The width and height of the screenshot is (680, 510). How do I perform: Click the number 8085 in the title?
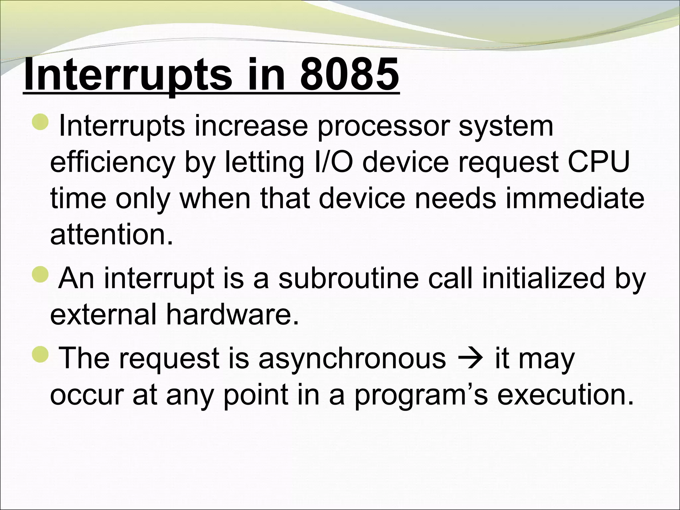coord(350,75)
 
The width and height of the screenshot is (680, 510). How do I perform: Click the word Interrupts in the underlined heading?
coord(127,75)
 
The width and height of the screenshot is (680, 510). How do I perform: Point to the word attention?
coord(112,235)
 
